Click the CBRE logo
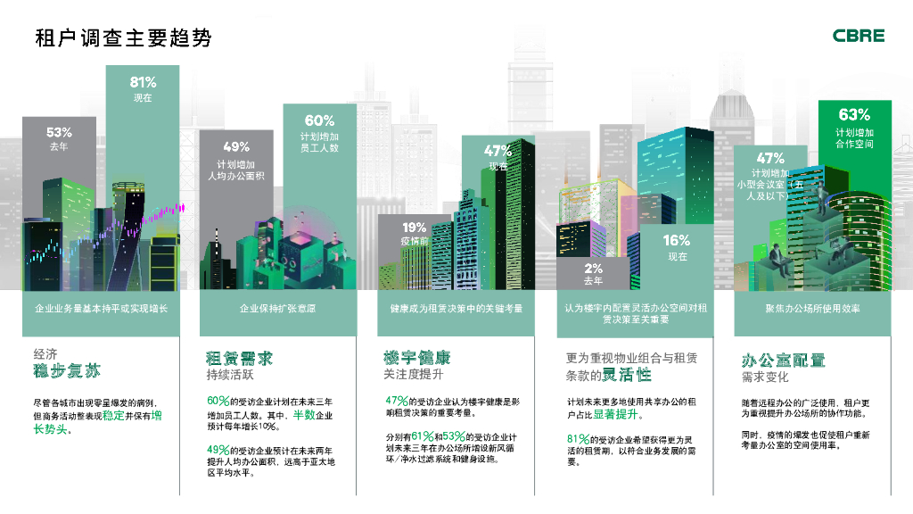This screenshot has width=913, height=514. (859, 36)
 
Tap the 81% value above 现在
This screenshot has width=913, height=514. (143, 82)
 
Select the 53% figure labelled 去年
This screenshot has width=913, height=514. (59, 132)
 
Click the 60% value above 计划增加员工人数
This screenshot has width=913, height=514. (319, 120)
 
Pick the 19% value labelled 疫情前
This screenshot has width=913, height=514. (414, 228)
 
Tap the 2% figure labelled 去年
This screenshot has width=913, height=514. (593, 268)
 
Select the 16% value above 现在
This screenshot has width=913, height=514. (677, 240)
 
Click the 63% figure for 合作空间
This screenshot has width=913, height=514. (854, 114)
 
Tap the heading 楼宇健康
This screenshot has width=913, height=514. (416, 357)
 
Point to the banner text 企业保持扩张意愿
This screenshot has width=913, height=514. (277, 308)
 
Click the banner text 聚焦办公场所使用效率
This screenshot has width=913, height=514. (812, 308)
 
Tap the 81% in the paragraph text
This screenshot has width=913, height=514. (580, 439)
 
